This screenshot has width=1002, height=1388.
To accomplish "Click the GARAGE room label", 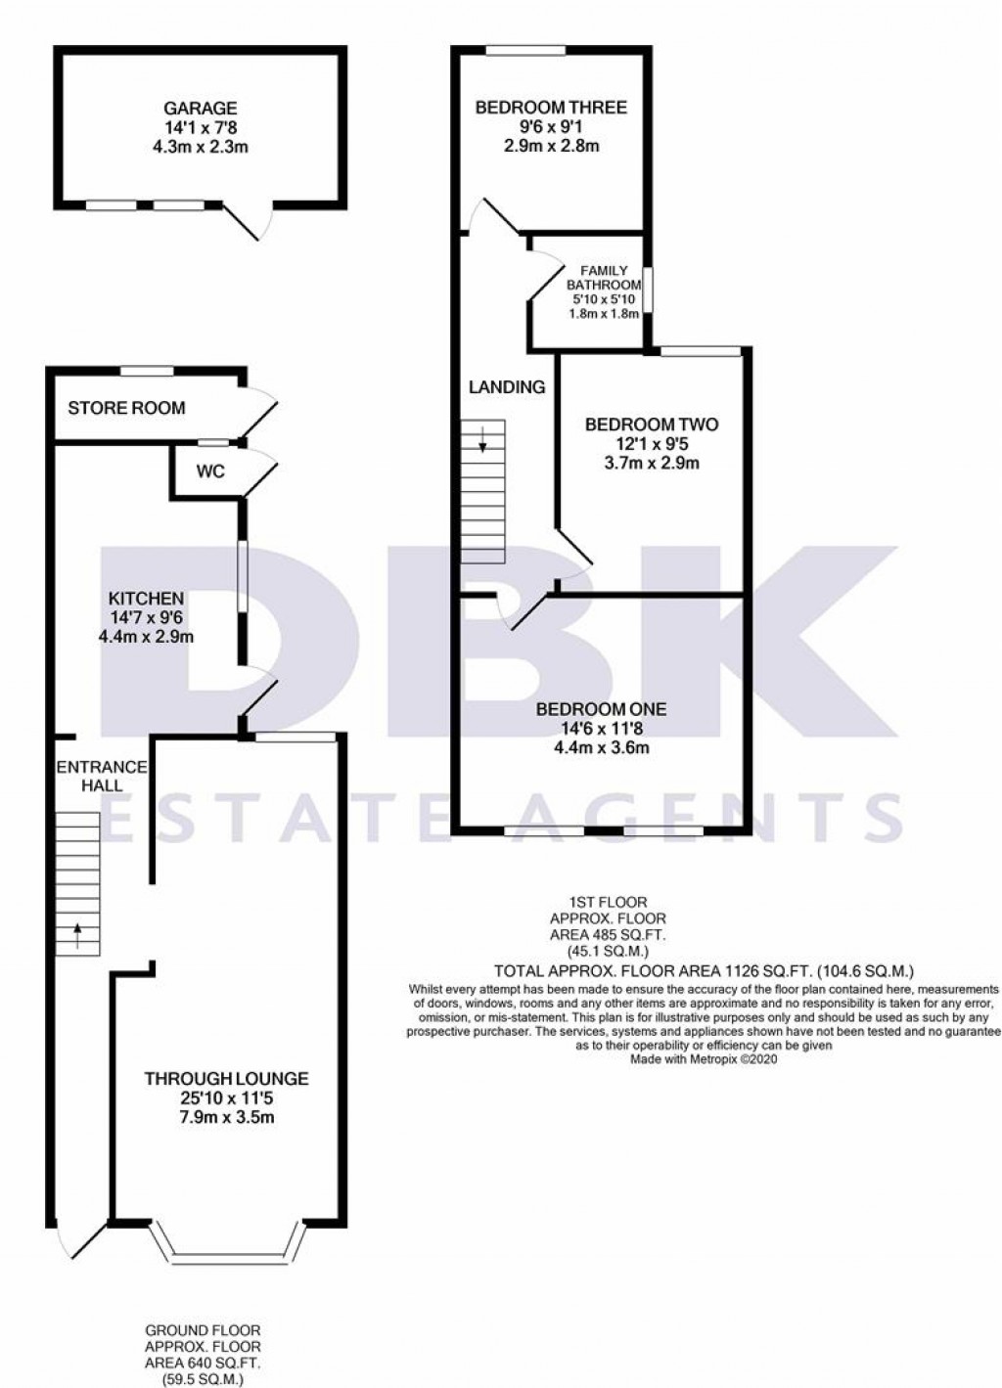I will (x=200, y=109).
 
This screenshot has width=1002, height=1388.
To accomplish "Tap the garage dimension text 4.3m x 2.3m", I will (x=200, y=147).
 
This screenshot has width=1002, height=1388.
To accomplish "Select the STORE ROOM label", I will (x=126, y=408).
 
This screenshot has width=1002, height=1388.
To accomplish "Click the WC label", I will (x=210, y=471).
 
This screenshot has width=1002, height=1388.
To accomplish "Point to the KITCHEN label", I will (x=146, y=599).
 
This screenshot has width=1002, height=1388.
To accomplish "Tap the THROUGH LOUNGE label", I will (x=226, y=1079).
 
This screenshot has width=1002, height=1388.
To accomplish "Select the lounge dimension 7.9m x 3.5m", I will (x=226, y=1117).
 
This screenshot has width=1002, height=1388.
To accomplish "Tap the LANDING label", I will (x=507, y=387).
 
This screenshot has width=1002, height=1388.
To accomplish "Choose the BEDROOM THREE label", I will (x=551, y=108).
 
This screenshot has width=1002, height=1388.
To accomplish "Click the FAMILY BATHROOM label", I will (x=604, y=278).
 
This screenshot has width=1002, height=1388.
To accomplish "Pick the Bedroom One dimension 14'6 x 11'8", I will (x=602, y=729).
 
